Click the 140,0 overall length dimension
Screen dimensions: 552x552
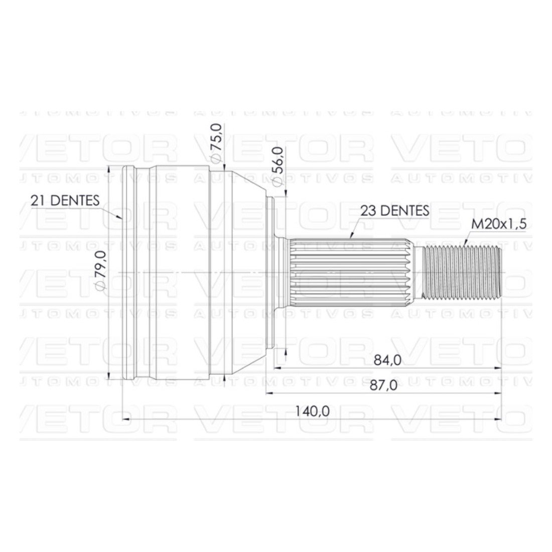click(x=312, y=411)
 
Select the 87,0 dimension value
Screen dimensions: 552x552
click(x=383, y=385)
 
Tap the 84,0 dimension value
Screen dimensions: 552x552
click(x=387, y=360)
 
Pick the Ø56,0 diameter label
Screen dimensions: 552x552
click(x=278, y=167)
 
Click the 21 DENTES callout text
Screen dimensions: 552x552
click(x=65, y=200)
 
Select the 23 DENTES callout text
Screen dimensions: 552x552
click(x=394, y=211)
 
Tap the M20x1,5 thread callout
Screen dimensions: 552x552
click(x=499, y=224)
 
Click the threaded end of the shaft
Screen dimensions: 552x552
click(x=462, y=272)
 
